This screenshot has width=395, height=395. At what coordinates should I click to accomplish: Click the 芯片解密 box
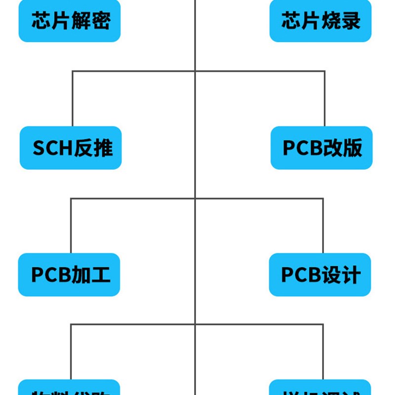(x=70, y=21)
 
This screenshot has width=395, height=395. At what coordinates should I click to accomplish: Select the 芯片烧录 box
(x=320, y=21)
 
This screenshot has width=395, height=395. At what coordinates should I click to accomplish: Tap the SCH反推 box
(x=71, y=148)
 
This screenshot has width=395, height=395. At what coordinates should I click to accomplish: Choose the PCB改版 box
(x=321, y=148)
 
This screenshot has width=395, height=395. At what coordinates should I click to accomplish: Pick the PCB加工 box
(x=69, y=275)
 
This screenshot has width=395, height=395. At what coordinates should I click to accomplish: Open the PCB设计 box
(x=320, y=275)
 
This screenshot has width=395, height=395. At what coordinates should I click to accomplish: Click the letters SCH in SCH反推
(x=52, y=148)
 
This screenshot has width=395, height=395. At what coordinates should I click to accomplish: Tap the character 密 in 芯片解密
(x=101, y=21)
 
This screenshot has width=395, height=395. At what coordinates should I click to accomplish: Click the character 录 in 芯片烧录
(x=351, y=21)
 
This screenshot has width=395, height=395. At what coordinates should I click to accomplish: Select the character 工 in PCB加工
(x=100, y=275)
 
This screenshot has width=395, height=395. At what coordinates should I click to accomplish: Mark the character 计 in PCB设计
(x=352, y=275)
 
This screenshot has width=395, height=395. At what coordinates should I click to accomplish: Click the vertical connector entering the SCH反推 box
(x=73, y=99)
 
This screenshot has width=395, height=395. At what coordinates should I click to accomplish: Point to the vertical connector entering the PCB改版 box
(x=324, y=99)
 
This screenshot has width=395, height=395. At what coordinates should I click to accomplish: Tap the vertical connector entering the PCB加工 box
(x=71, y=226)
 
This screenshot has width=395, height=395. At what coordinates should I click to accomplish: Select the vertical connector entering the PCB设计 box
(x=323, y=226)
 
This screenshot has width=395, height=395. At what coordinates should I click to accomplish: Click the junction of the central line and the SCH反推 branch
(x=196, y=71)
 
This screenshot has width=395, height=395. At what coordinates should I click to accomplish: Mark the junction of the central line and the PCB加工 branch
(x=196, y=198)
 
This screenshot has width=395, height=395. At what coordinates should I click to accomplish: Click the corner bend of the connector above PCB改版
(x=324, y=71)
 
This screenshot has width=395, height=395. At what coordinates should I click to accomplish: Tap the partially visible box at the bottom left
(x=69, y=388)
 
